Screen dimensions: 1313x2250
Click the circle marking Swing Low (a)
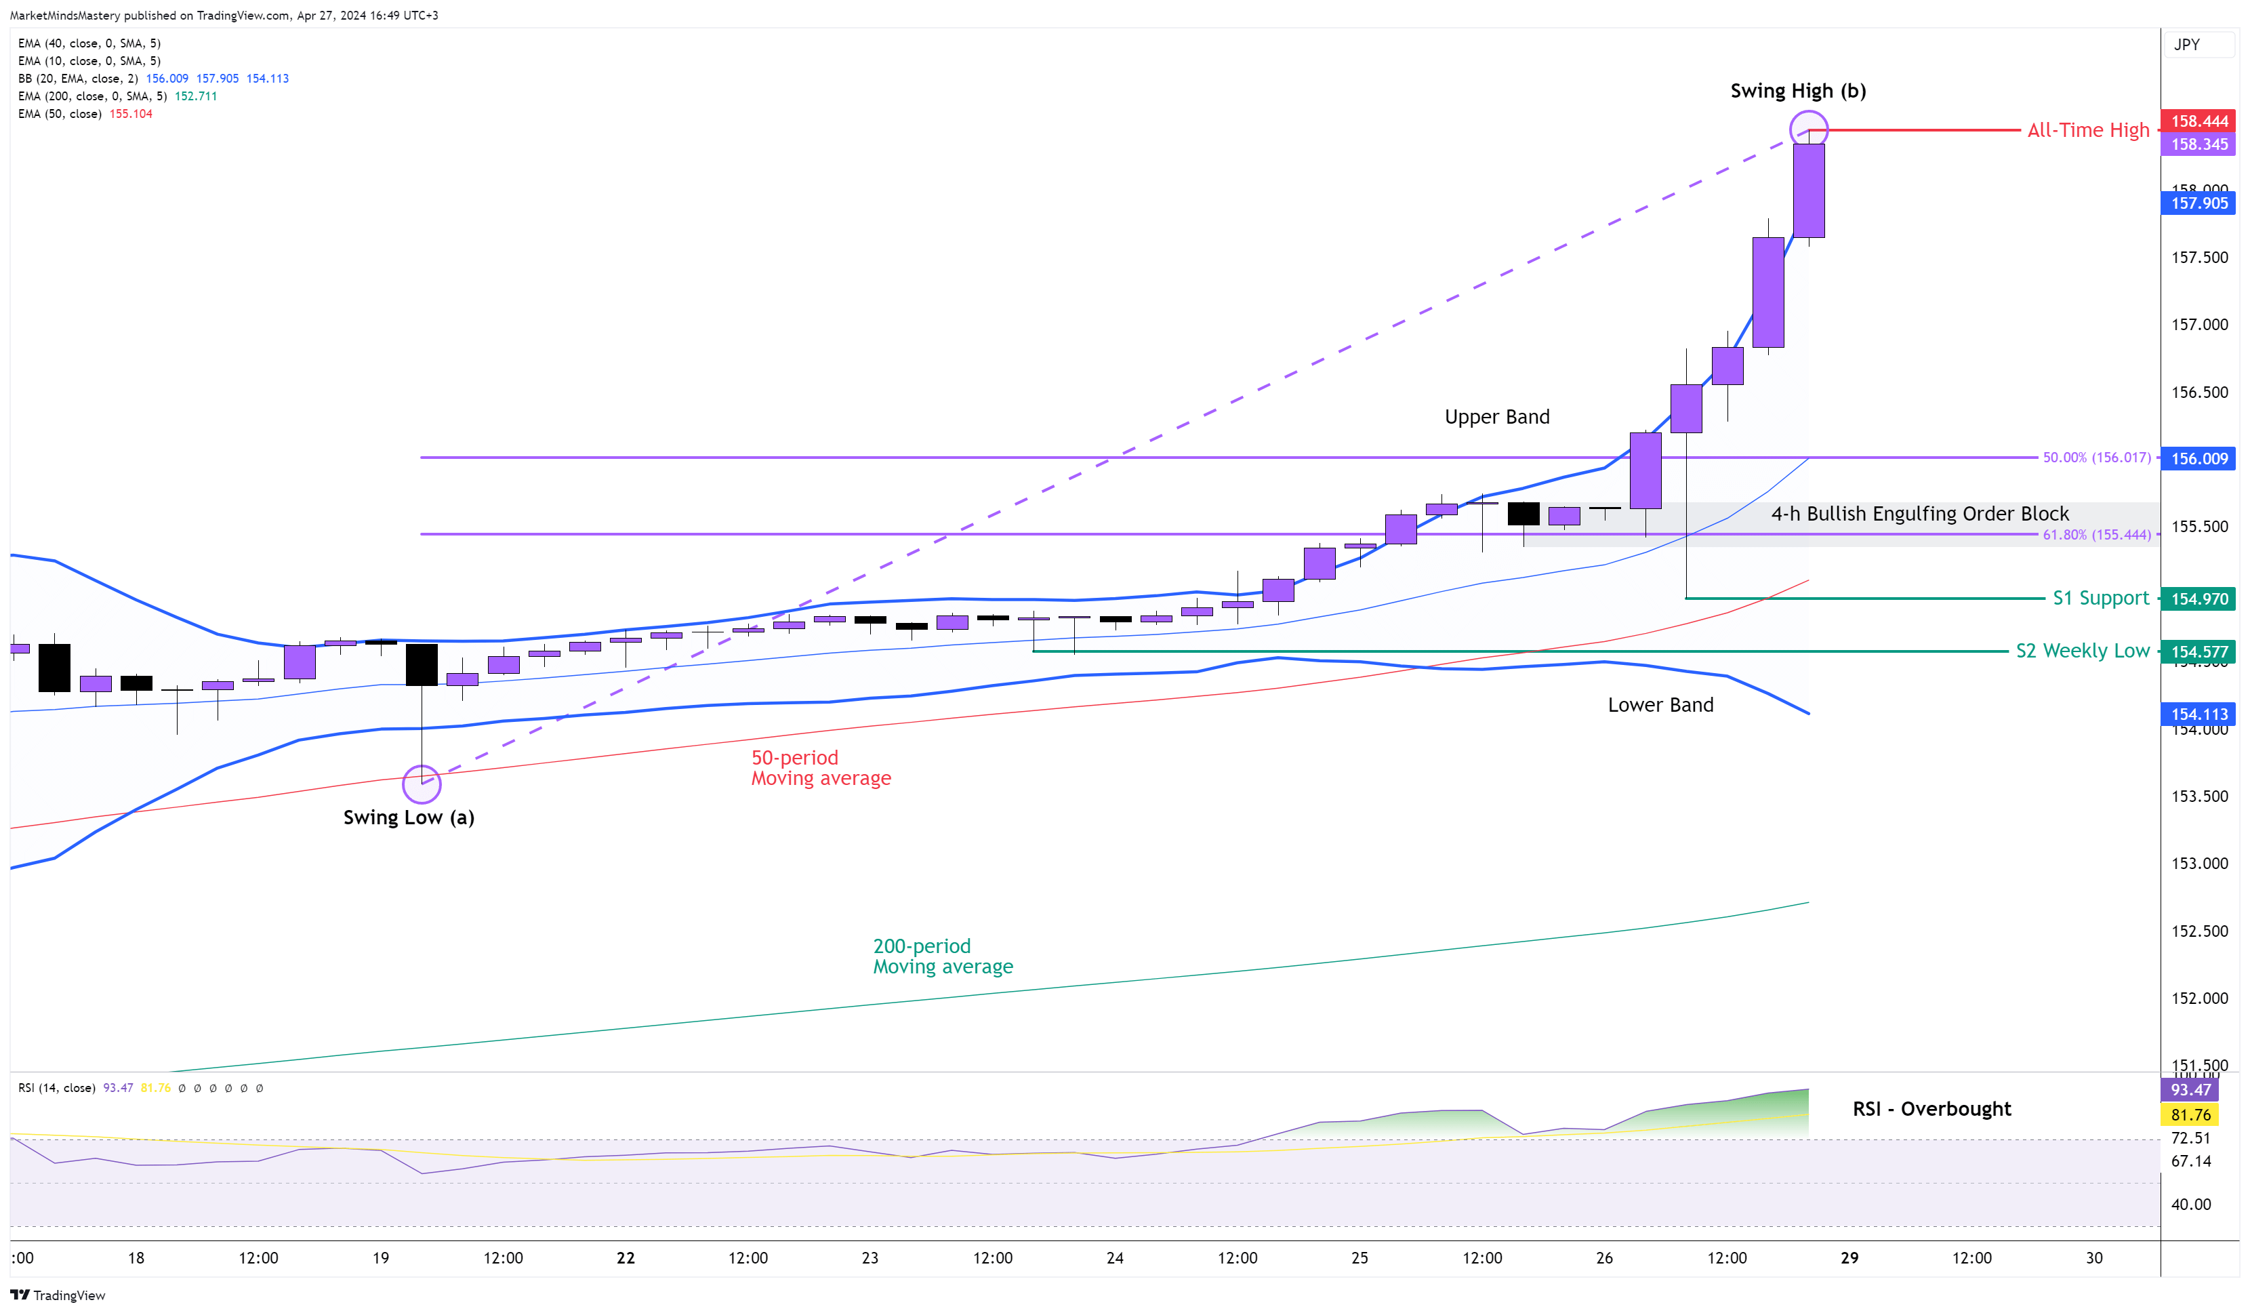(x=422, y=784)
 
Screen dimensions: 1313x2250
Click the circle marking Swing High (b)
(x=1808, y=129)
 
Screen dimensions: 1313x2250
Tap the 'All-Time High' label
(x=2087, y=130)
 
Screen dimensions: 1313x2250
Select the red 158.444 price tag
(x=2198, y=121)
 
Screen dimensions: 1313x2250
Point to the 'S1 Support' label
(x=2100, y=599)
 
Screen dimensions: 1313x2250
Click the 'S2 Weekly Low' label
(x=2082, y=651)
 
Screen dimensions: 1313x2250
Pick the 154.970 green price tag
(x=2198, y=599)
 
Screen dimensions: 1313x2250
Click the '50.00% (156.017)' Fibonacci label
(x=2096, y=458)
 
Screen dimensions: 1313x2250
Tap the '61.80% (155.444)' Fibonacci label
(x=2096, y=535)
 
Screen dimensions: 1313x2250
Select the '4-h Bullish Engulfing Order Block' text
(x=1920, y=514)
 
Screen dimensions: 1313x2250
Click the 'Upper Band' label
(x=1496, y=417)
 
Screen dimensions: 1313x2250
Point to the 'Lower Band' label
(x=1660, y=705)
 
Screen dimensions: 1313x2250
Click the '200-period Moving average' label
(x=942, y=956)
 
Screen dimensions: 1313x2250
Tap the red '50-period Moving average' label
(x=821, y=768)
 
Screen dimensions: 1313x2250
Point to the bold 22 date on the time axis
(x=626, y=1257)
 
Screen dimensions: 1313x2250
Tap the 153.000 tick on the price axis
(x=2199, y=864)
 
